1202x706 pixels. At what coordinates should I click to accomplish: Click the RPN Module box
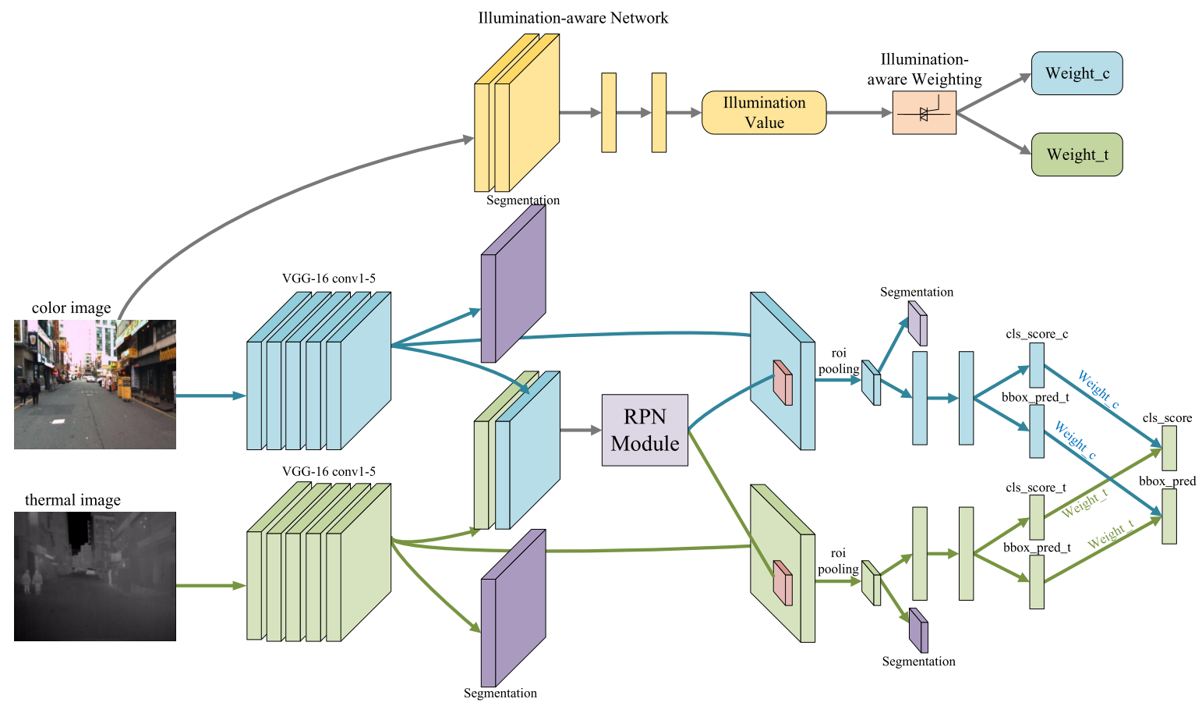tap(645, 430)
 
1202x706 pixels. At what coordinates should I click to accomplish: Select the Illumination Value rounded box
tap(764, 113)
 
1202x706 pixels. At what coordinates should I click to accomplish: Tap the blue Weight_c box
tap(1076, 73)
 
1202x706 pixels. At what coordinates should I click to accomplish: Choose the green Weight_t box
tap(1076, 154)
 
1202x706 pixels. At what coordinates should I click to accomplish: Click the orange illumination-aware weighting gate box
tap(924, 113)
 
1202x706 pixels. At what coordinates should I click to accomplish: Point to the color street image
tap(95, 384)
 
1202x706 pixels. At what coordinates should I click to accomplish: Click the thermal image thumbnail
tap(95, 576)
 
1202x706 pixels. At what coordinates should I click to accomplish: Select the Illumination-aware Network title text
tap(573, 18)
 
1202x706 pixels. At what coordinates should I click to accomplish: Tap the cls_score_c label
tap(1037, 334)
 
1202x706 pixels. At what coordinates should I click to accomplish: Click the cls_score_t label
tap(1036, 488)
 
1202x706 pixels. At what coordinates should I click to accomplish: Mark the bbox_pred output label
tap(1167, 481)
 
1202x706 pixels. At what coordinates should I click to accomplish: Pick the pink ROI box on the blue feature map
tap(782, 383)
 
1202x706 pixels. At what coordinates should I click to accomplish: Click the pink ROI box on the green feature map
tap(782, 584)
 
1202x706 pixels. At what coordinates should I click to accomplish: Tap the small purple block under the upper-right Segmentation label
tap(917, 323)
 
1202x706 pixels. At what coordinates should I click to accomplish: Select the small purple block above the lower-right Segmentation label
tap(918, 630)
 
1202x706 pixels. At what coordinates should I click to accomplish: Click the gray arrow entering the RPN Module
tap(581, 430)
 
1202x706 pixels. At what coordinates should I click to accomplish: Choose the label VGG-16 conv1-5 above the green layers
tap(328, 471)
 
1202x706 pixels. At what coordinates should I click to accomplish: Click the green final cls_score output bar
tap(1168, 448)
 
